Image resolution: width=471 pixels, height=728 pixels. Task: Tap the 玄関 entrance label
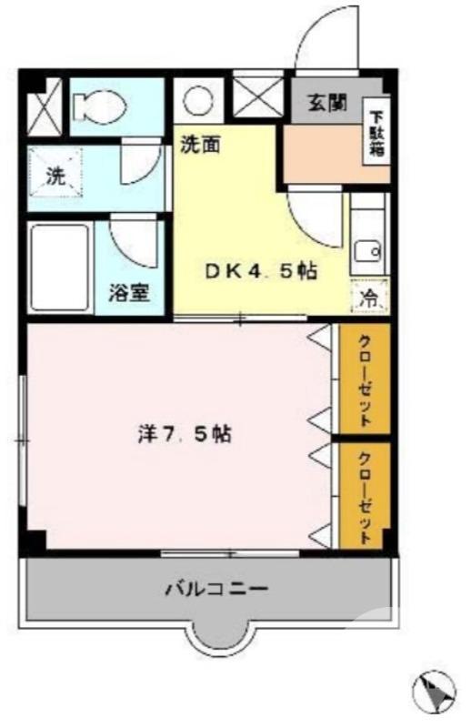tap(325, 103)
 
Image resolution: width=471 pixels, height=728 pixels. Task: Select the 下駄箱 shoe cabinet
tap(376, 134)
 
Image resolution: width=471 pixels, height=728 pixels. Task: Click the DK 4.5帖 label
tap(259, 271)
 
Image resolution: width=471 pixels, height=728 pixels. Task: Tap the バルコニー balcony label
tap(215, 589)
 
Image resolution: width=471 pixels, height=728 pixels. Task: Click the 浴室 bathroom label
tap(129, 293)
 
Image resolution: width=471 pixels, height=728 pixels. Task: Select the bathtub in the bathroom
tap(60, 268)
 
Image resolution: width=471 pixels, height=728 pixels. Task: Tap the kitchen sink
tap(367, 248)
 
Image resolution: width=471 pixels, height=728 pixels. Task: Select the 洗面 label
tap(198, 144)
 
